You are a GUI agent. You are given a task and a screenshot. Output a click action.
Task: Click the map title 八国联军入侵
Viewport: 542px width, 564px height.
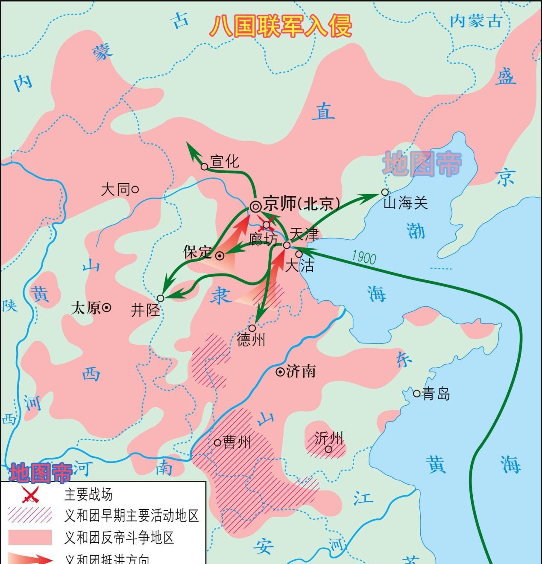[x=281, y=26]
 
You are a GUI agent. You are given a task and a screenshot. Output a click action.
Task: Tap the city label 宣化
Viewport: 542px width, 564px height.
[x=225, y=161]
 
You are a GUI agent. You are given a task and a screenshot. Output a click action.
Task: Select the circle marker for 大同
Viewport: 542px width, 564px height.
[x=135, y=189]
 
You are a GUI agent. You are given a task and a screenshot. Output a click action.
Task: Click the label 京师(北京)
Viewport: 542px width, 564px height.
[x=301, y=204]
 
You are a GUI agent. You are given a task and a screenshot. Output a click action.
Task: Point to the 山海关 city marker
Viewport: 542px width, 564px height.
[x=385, y=192]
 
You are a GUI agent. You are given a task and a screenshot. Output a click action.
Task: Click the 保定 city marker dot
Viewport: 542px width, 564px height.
[x=220, y=256]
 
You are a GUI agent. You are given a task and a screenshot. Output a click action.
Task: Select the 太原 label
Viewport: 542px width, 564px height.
[x=86, y=308]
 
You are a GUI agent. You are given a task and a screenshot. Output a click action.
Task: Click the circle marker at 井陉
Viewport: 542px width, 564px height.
[x=161, y=298]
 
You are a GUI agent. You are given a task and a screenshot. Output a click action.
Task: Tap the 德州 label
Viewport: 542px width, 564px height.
[x=251, y=340]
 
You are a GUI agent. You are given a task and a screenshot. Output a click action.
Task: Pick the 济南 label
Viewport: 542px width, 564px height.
[x=301, y=371]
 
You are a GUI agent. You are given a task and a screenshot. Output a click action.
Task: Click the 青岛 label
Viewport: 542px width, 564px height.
[x=436, y=393]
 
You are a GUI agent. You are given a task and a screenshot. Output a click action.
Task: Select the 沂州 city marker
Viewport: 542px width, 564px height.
[x=328, y=449]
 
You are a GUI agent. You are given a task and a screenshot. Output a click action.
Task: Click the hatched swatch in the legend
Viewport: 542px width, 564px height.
[x=30, y=515]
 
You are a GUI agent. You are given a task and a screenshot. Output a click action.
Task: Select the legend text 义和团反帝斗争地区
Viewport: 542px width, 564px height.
[x=119, y=537]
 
